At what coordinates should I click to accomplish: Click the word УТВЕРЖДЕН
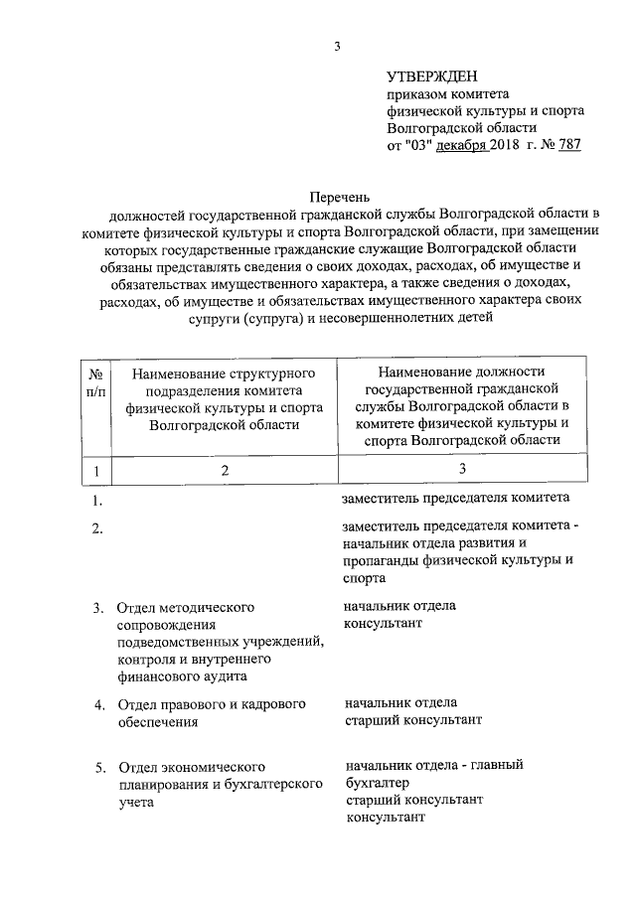[432, 75]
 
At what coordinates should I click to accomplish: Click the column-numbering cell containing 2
[225, 470]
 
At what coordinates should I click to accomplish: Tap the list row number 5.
[99, 768]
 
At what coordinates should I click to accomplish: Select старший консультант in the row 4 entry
[412, 718]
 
